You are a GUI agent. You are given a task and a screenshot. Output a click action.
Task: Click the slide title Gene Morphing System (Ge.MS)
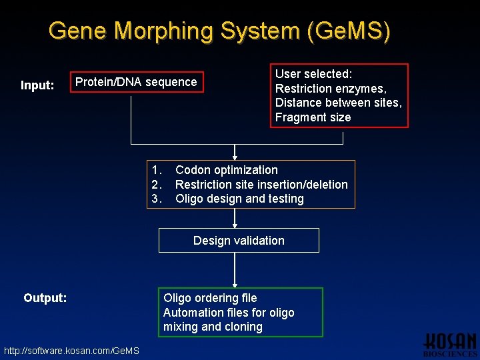click(219, 31)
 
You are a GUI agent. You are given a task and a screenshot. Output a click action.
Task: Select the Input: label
click(37, 85)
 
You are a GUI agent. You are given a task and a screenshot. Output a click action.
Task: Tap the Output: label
click(45, 298)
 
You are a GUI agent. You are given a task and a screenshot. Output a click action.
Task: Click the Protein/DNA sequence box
click(137, 82)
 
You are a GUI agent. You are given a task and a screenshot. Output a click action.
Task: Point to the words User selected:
click(313, 74)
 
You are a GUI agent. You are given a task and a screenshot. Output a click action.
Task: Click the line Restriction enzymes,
click(331, 89)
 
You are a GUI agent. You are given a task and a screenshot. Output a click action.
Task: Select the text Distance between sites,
click(338, 103)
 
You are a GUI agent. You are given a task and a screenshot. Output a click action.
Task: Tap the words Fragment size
click(313, 117)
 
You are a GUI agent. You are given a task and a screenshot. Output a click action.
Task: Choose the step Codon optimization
click(226, 170)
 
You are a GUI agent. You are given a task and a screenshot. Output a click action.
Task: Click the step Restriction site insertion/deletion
click(261, 185)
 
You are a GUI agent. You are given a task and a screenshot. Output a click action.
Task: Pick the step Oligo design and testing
click(239, 199)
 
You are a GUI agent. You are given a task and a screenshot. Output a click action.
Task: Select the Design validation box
click(239, 241)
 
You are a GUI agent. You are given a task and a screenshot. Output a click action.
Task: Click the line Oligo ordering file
click(210, 298)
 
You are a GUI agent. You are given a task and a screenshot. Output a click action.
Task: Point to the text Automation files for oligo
click(229, 313)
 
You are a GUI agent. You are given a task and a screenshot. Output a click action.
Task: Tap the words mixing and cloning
click(213, 327)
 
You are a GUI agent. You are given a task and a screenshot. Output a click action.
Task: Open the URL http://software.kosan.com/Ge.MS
click(71, 351)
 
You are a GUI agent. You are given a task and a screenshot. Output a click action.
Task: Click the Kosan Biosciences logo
click(450, 343)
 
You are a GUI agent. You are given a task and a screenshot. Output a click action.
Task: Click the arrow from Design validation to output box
click(235, 269)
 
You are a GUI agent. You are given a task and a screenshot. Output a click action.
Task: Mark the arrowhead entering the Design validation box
click(235, 225)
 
